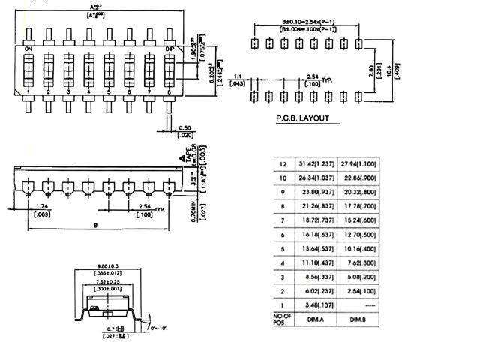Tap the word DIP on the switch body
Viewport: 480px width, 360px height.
[x=170, y=49]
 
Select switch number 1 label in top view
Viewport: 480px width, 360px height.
[x=28, y=92]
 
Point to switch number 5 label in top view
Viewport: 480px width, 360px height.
[x=108, y=92]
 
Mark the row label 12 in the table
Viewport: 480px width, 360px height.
[x=283, y=164]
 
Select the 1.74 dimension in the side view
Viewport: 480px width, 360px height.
[x=43, y=205]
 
